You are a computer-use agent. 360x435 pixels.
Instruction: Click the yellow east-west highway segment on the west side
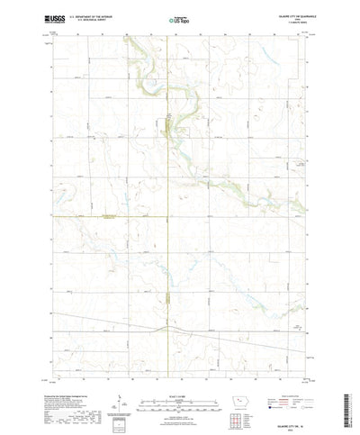pyautogui.click(x=90, y=217)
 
